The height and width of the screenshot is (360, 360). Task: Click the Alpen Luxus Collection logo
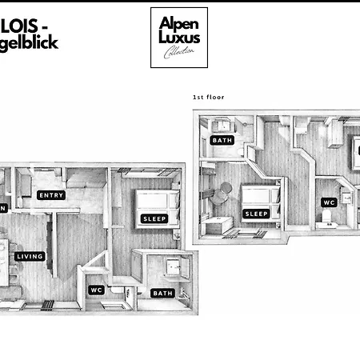[179, 38]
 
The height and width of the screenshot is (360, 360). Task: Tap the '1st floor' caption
[209, 98]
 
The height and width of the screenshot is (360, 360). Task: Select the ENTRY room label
[51, 195]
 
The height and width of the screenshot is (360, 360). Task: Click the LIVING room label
[30, 257]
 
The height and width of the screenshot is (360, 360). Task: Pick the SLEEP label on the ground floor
[154, 218]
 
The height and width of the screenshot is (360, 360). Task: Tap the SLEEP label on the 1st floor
[256, 214]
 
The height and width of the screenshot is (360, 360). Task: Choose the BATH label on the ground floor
[162, 293]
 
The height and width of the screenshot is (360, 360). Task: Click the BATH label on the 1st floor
[222, 141]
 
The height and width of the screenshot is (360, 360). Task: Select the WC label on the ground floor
[97, 290]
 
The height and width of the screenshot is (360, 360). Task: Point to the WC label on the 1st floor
[329, 203]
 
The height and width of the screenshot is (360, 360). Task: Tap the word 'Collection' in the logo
[178, 54]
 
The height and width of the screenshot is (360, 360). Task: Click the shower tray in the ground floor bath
[170, 267]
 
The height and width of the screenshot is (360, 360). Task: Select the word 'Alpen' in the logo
[179, 23]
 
